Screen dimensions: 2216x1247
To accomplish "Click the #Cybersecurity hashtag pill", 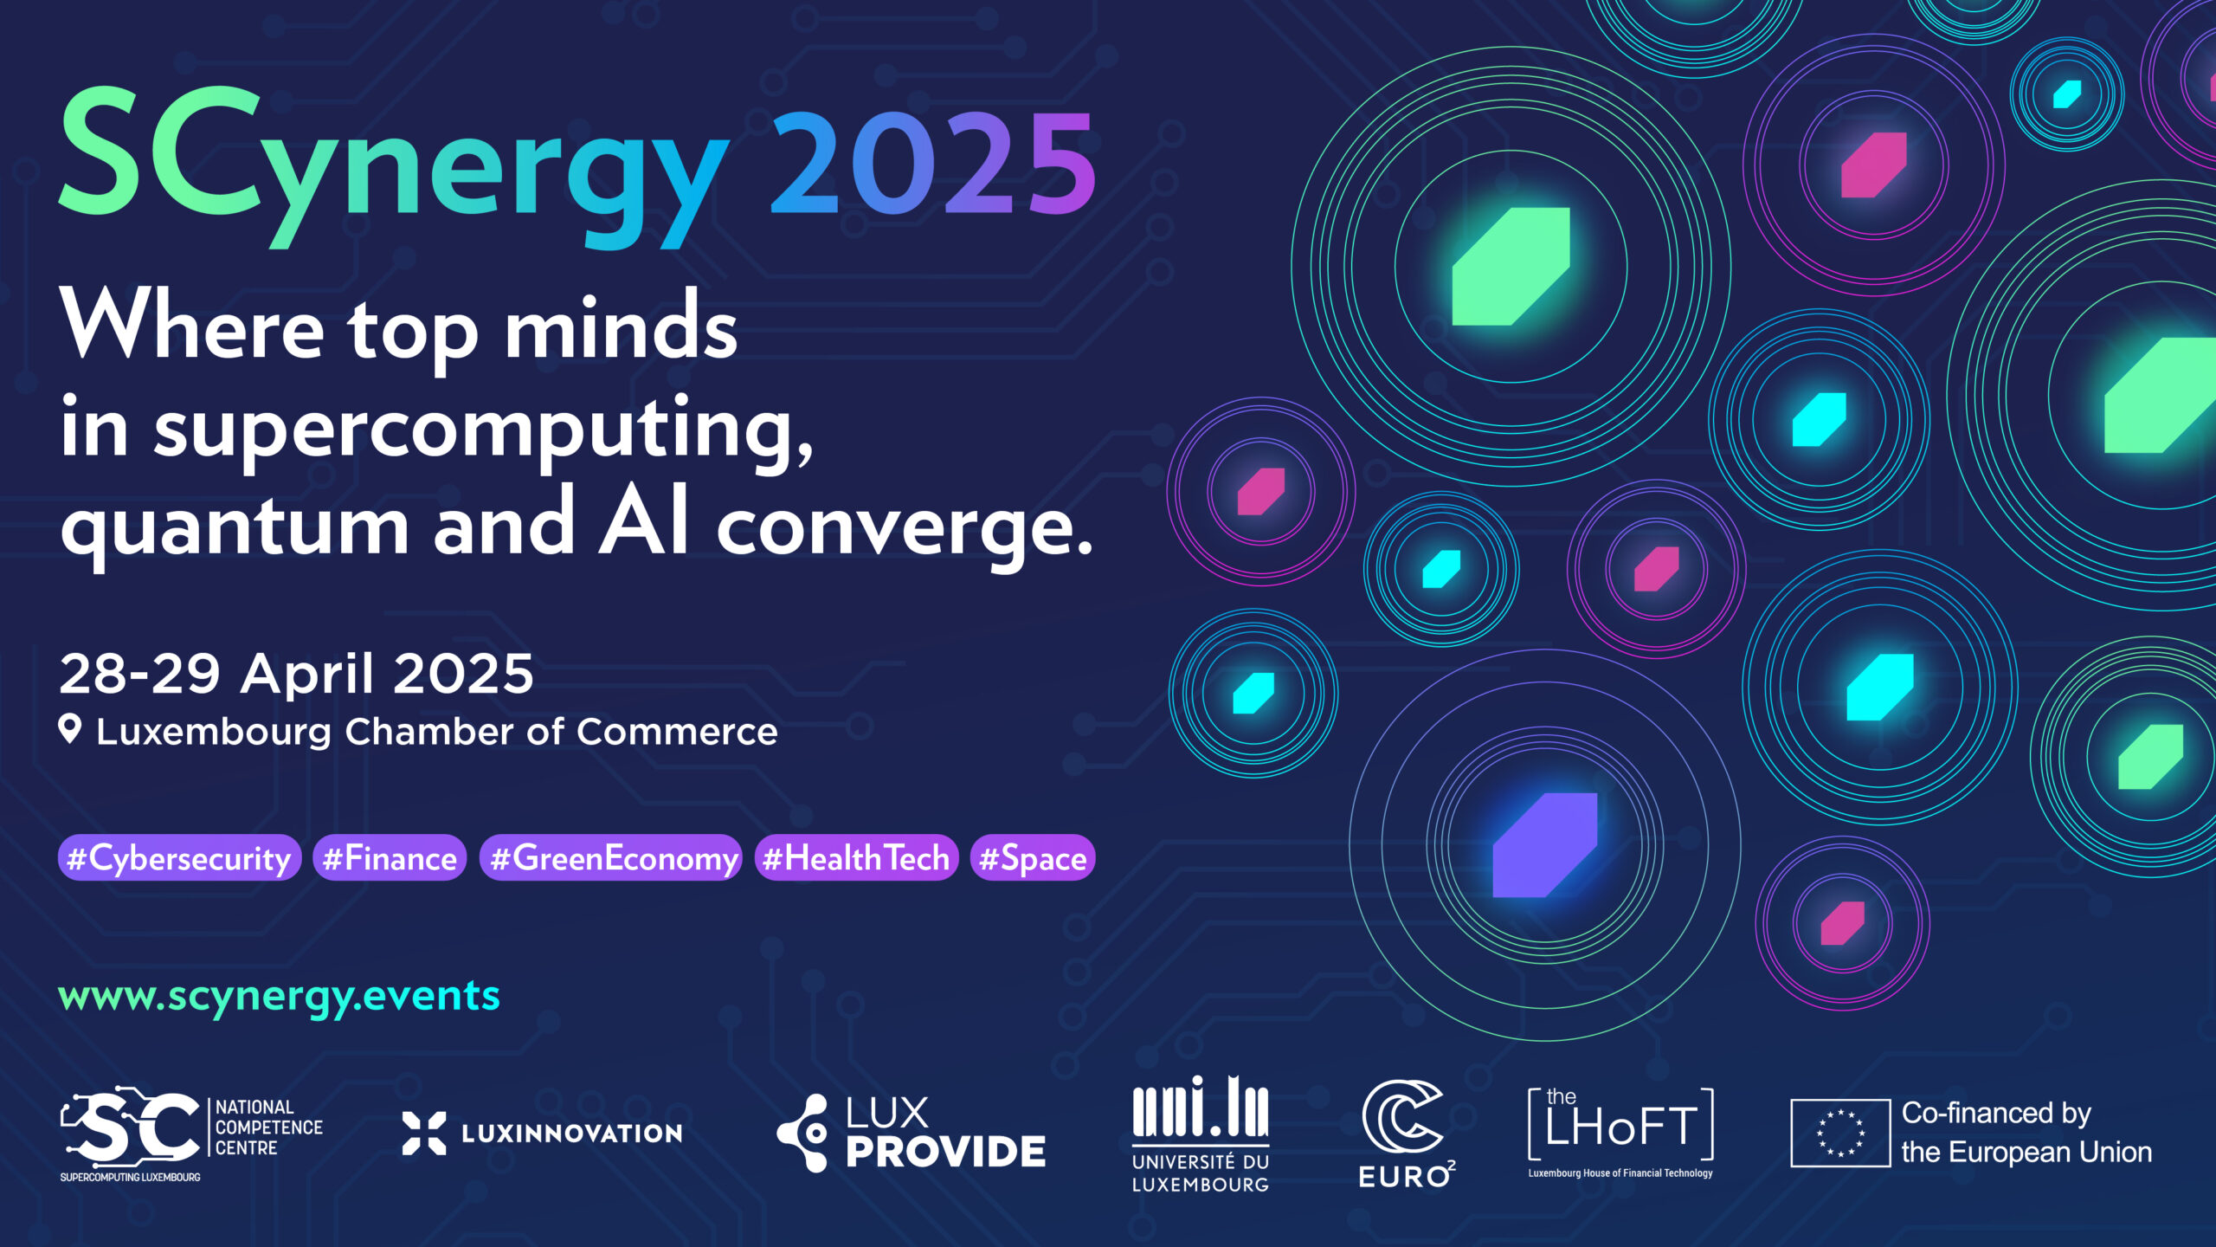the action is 179,857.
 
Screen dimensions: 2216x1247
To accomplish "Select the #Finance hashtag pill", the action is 390,857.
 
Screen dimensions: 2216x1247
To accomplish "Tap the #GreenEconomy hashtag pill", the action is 611,857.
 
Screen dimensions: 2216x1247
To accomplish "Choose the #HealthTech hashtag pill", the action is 857,857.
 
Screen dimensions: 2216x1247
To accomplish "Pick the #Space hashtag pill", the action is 1033,857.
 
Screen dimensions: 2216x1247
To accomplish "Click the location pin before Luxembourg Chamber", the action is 70,729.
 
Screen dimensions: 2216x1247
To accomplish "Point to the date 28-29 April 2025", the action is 296,674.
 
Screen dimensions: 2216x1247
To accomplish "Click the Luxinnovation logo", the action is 543,1133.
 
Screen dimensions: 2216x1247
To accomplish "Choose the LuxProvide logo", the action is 912,1133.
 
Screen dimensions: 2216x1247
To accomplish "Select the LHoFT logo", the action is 1620,1133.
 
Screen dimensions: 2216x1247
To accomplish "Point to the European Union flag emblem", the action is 1840,1133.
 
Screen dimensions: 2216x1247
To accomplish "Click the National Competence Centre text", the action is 269,1127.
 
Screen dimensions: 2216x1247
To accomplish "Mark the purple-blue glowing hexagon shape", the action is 1545,844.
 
